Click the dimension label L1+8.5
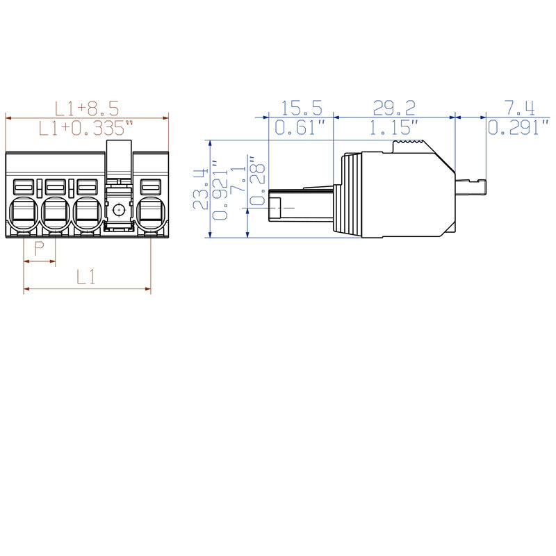coord(87,108)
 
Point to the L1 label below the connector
coord(86,277)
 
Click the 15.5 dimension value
coord(302,108)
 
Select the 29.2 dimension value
coord(394,108)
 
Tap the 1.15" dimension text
coord(394,127)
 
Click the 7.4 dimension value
coord(520,108)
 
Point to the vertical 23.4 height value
coord(202,188)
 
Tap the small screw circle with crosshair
coord(119,209)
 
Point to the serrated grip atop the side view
coord(409,145)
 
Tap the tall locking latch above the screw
coord(119,158)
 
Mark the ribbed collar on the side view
coord(350,195)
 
